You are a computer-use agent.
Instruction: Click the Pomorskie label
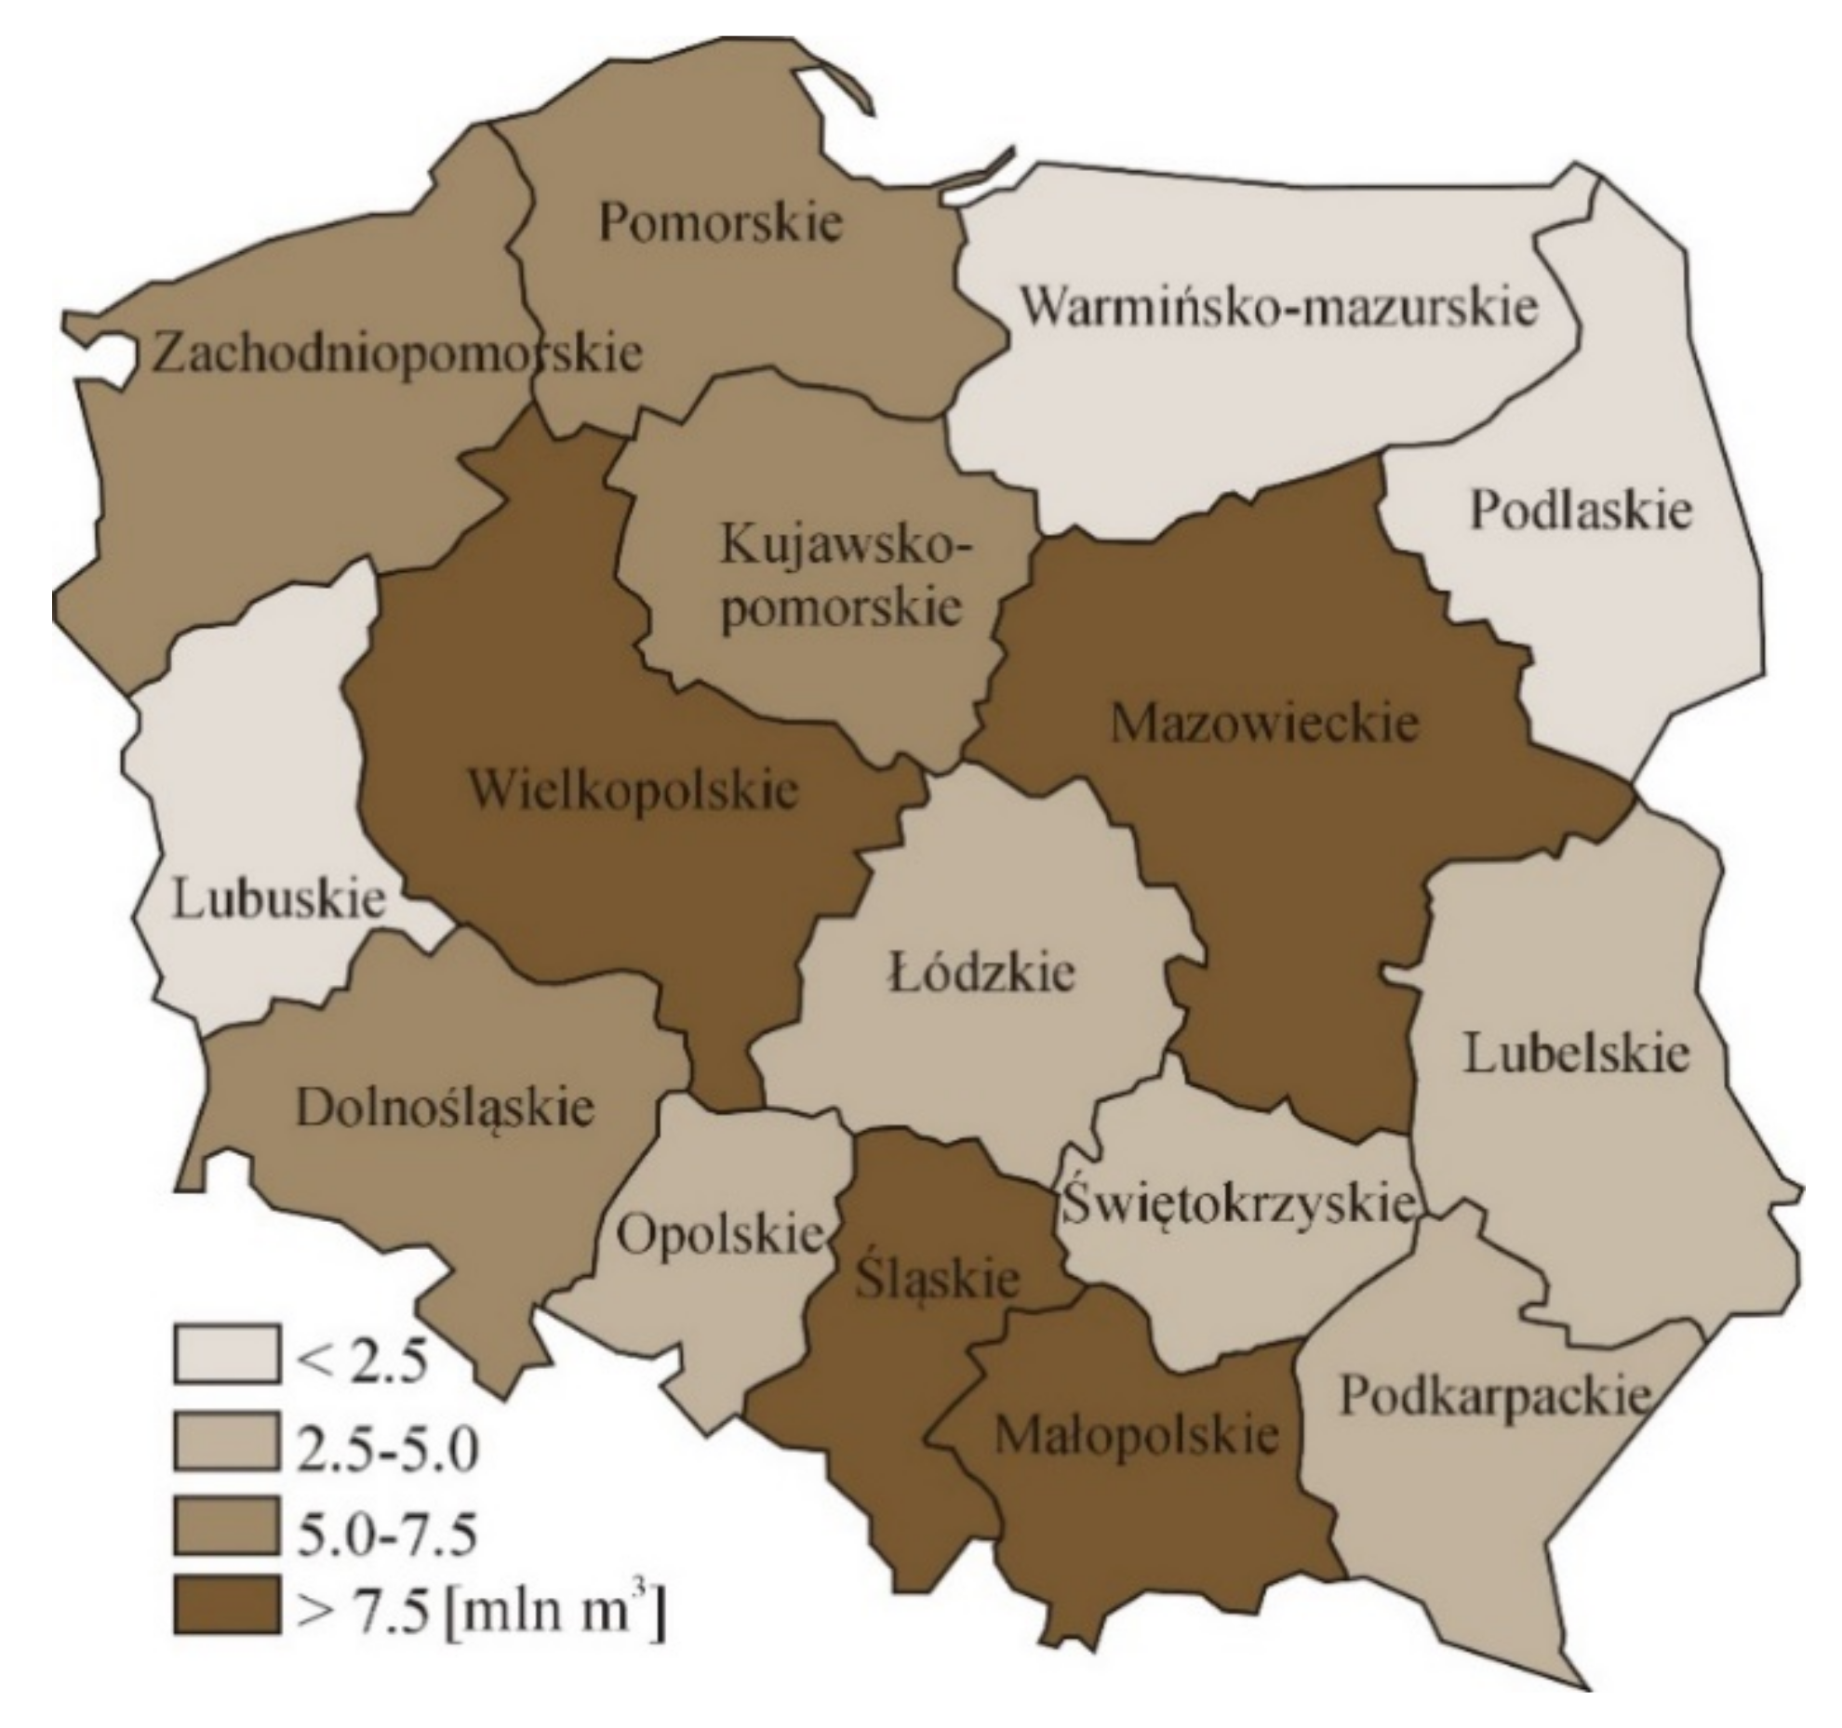(720, 223)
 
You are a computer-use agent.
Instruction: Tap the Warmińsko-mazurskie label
(1278, 307)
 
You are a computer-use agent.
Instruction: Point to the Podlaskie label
(1581, 511)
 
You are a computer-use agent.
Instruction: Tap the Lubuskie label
(279, 899)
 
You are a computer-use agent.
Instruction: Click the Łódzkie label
(981, 973)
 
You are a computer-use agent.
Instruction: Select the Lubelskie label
(1576, 1055)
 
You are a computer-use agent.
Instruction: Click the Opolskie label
(721, 1236)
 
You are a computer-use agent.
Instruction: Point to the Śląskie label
(936, 1280)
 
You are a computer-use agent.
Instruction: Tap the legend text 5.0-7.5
(385, 1535)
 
